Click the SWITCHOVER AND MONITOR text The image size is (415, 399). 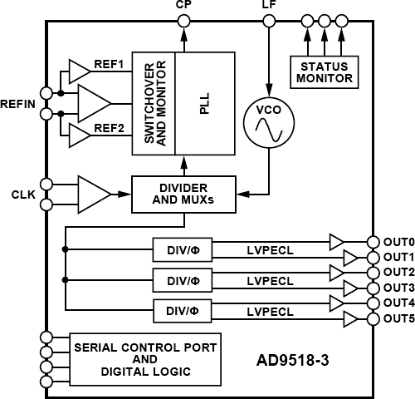tap(154, 103)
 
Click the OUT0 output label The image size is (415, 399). tap(398, 242)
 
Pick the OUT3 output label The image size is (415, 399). tap(398, 288)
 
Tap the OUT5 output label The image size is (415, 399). tap(398, 318)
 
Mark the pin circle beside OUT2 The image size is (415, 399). tap(374, 273)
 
